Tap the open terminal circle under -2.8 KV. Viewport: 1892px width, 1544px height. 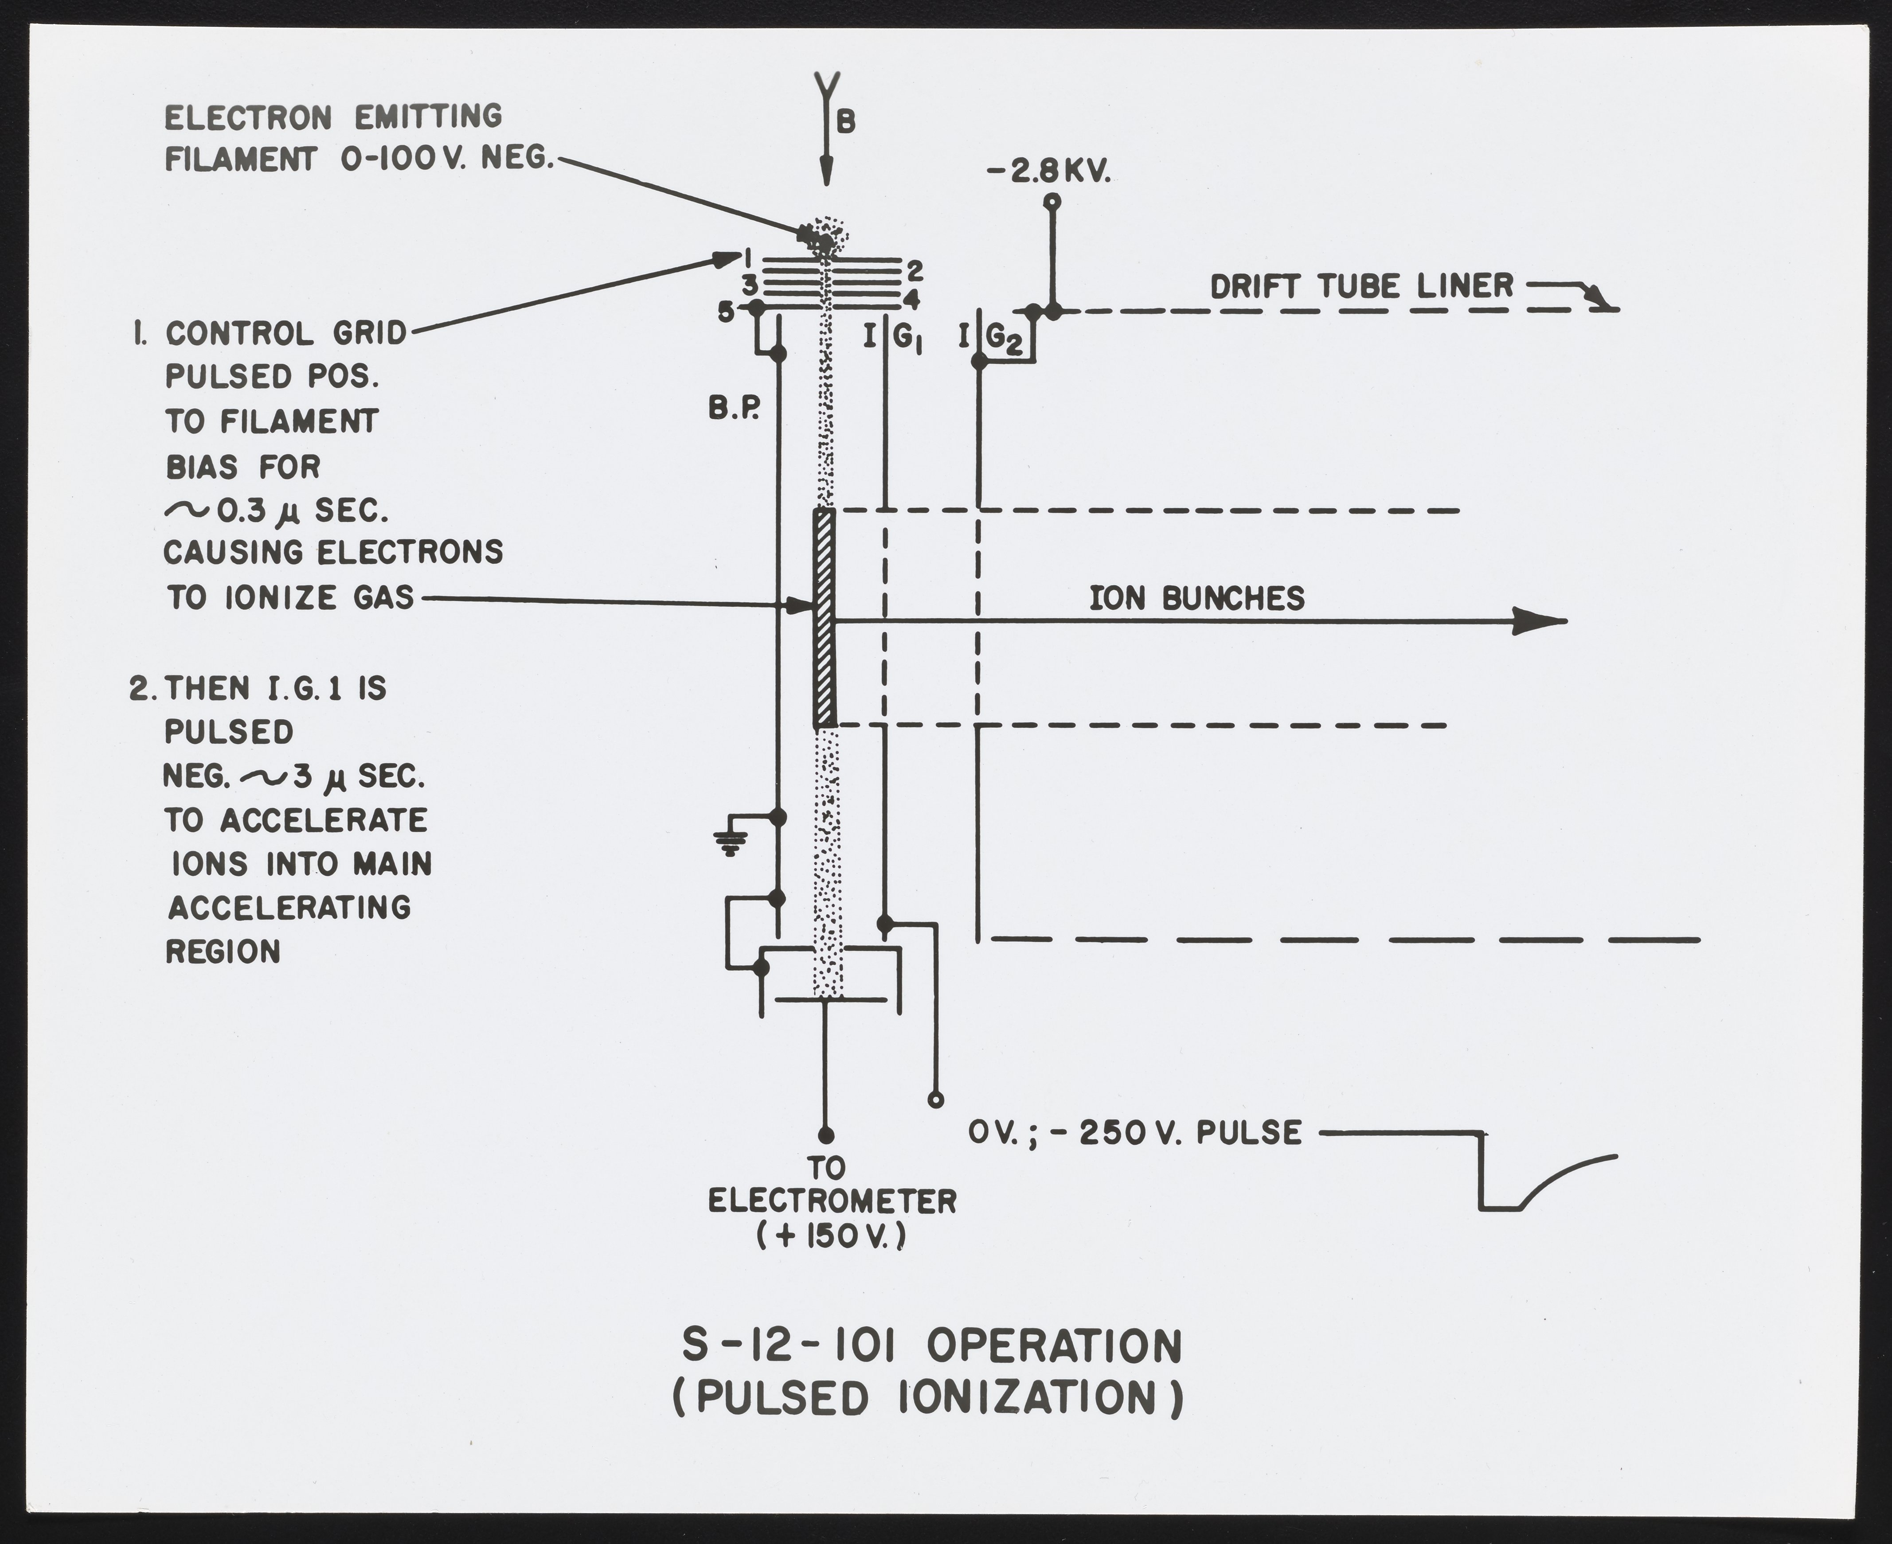point(1053,201)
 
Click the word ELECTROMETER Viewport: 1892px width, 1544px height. point(832,1201)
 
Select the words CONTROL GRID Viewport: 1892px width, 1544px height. point(285,334)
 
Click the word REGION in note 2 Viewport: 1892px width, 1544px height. point(223,951)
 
